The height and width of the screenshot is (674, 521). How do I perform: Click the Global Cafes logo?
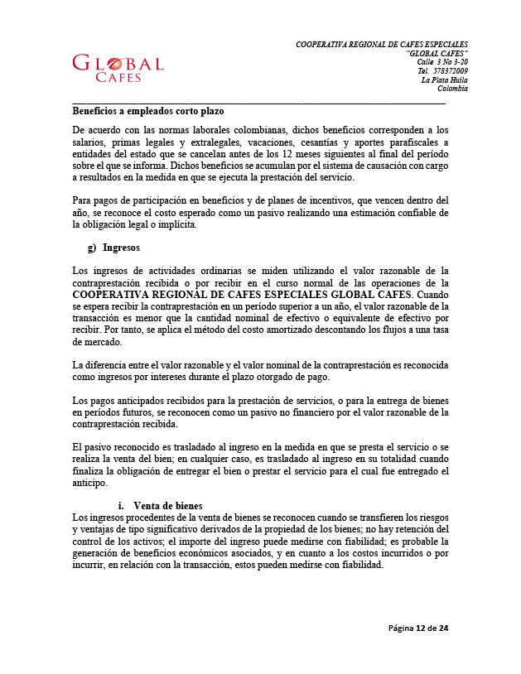tap(118, 68)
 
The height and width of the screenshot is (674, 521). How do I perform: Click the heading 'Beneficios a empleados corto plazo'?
tap(148, 110)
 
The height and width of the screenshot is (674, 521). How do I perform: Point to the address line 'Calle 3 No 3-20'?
tap(442, 62)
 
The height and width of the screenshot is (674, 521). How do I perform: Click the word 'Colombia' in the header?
tap(452, 89)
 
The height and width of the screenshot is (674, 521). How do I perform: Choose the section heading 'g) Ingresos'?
tap(113, 248)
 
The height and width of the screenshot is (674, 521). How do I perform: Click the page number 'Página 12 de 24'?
tap(418, 628)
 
